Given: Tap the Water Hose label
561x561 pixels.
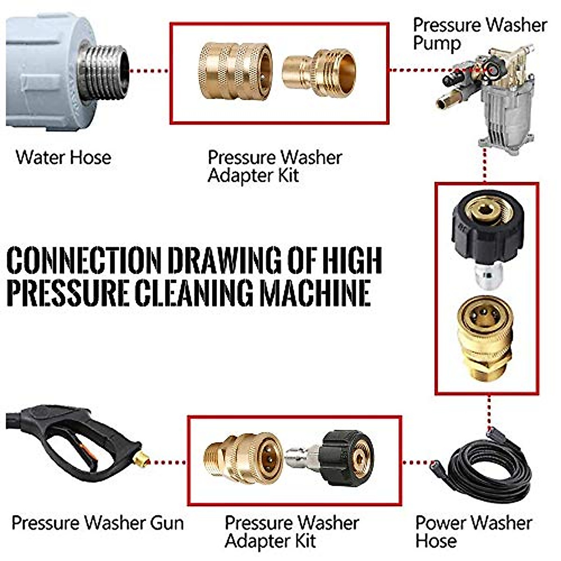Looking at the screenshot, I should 63,157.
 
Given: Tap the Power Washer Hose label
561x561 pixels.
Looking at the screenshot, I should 472,531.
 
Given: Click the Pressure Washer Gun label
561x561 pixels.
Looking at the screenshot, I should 97,522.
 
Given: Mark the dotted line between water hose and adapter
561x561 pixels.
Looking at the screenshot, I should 149,71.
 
